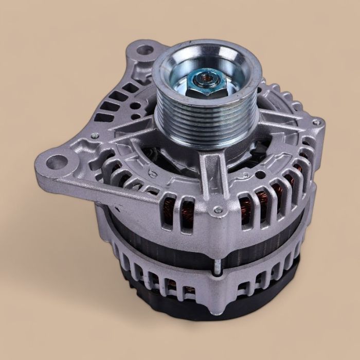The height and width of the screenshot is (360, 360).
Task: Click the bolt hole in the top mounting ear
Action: coord(146,50)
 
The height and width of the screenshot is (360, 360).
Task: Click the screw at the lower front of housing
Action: coord(219,209)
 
